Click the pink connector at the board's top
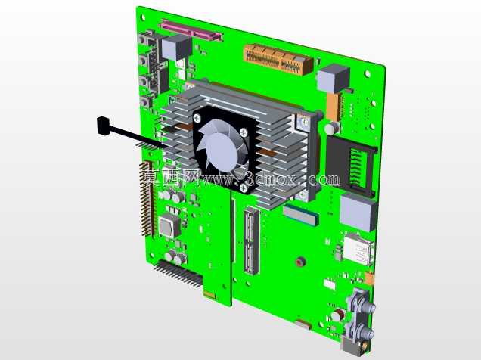click(x=191, y=30)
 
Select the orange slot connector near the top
click(x=278, y=60)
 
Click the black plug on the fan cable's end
click(x=103, y=126)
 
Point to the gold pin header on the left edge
click(x=147, y=200)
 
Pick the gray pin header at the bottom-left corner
click(x=178, y=274)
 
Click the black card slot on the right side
click(x=352, y=166)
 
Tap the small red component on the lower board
click(x=299, y=262)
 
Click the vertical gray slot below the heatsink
click(x=252, y=241)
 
